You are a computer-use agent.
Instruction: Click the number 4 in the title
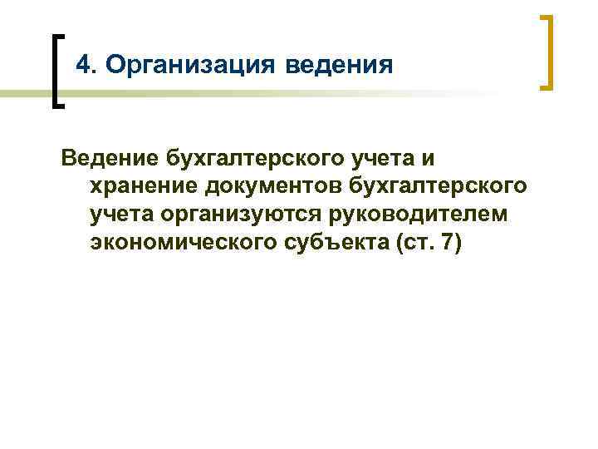(81, 64)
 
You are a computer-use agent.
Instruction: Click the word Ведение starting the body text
(108, 159)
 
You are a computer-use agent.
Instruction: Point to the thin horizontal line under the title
(249, 96)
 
